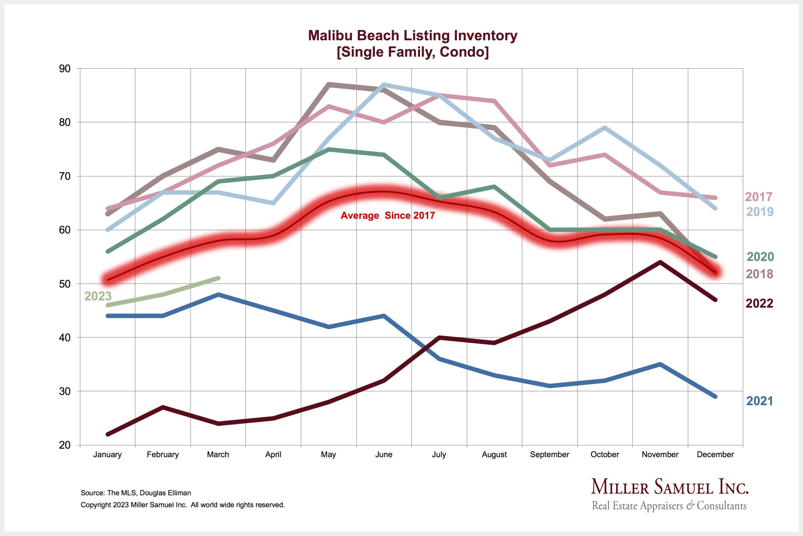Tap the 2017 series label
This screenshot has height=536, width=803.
point(758,197)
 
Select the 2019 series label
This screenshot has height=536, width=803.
point(760,212)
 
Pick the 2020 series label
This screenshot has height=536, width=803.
point(760,257)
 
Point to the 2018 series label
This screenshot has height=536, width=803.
point(759,274)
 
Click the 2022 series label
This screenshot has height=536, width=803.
point(759,303)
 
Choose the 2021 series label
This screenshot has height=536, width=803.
point(759,401)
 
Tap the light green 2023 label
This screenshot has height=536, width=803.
point(98,296)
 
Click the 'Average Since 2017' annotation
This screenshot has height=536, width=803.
point(388,216)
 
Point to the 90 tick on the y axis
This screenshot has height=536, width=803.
point(65,69)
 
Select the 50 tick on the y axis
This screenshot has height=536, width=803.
point(65,284)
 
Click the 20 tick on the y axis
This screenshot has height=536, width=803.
point(65,445)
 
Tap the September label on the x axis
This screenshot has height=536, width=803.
point(550,455)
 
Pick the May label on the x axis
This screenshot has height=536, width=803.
point(328,455)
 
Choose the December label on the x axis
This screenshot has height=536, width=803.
point(715,455)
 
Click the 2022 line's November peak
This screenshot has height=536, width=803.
point(660,262)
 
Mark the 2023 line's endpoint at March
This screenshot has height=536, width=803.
point(218,278)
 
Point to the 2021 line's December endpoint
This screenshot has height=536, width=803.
point(715,397)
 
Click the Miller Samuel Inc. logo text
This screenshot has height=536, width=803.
point(670,487)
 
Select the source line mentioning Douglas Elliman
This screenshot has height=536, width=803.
point(136,493)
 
